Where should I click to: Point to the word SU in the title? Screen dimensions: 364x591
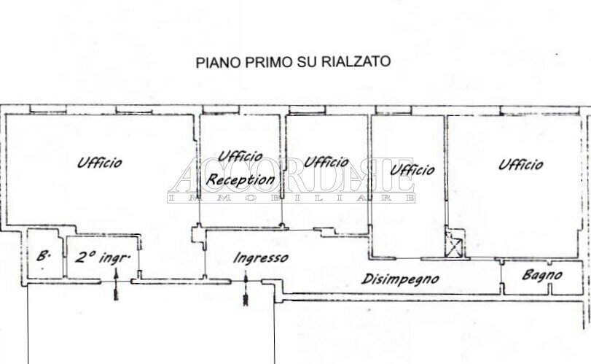(x=308, y=62)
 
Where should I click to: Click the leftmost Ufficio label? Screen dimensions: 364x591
(x=100, y=163)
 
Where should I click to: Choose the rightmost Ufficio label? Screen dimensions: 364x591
(x=521, y=164)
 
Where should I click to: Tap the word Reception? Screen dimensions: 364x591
(x=241, y=179)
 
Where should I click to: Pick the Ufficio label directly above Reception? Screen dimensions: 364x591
(x=240, y=156)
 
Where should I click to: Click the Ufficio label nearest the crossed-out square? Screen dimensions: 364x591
(x=412, y=170)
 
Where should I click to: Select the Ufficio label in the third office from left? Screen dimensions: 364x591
(x=326, y=162)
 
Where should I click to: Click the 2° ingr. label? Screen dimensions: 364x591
(x=103, y=257)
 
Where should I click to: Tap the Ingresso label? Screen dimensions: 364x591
(x=261, y=257)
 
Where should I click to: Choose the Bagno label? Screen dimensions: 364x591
(x=542, y=275)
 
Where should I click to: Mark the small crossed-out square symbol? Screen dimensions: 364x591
(x=454, y=245)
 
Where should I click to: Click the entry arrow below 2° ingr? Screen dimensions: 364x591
(x=114, y=288)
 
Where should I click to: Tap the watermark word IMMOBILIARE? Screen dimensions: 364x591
(x=291, y=198)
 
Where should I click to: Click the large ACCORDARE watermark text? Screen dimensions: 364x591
(x=291, y=175)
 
